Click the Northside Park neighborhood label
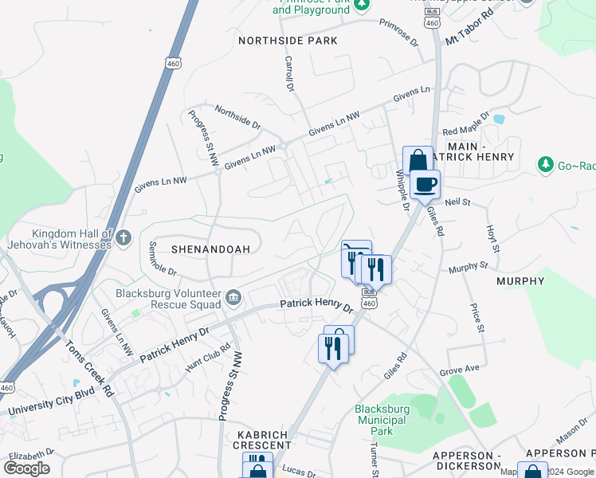pos(288,41)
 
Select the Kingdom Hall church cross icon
pos(124,237)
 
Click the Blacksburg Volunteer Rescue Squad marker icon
pos(232,298)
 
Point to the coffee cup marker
pos(425,185)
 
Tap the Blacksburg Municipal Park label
pos(382,420)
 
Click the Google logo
pos(26,468)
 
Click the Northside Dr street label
pos(237,119)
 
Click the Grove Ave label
pos(460,369)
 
